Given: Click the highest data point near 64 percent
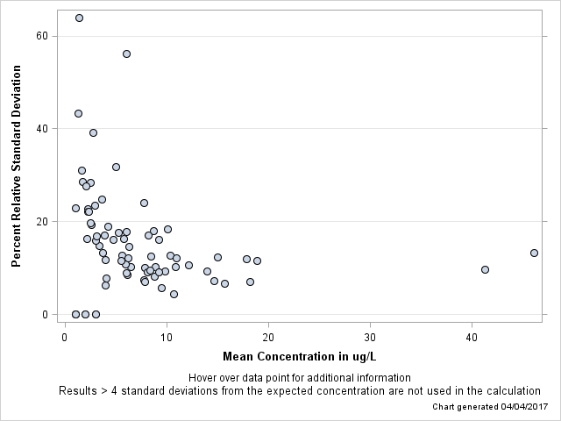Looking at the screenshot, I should pyautogui.click(x=79, y=18).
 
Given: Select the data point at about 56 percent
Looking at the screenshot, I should pyautogui.click(x=126, y=54).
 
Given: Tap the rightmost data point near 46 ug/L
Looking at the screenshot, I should pyautogui.click(x=534, y=253).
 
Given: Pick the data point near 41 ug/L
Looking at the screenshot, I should pyautogui.click(x=485, y=269).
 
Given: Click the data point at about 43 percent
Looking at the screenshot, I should pyautogui.click(x=78, y=113).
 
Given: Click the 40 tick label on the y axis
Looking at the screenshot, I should pyautogui.click(x=41, y=129).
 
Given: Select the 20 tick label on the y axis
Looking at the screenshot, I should pyautogui.click(x=41, y=222).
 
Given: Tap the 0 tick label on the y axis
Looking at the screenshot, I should pyautogui.click(x=45, y=315).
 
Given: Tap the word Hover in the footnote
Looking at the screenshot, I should pyautogui.click(x=203, y=378).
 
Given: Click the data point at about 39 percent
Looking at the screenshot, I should pyautogui.click(x=93, y=132).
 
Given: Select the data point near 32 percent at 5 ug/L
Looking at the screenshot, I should pyautogui.click(x=116, y=167).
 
